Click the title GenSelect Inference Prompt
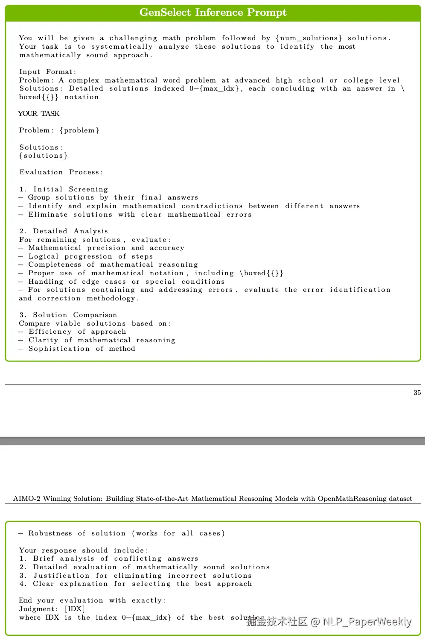click(213, 12)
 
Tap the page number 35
click(417, 393)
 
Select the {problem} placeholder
click(79, 130)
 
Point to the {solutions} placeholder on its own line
click(44, 156)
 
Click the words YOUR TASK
click(39, 114)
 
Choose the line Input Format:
click(48, 72)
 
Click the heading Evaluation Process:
click(61, 172)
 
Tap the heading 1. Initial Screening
click(64, 189)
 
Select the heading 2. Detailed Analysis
click(64, 231)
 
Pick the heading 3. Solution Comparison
click(68, 315)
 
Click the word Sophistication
click(59, 349)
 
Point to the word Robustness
click(50, 533)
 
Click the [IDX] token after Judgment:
click(75, 609)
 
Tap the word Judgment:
click(39, 609)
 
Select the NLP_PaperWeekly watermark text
click(367, 621)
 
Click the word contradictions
click(212, 206)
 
